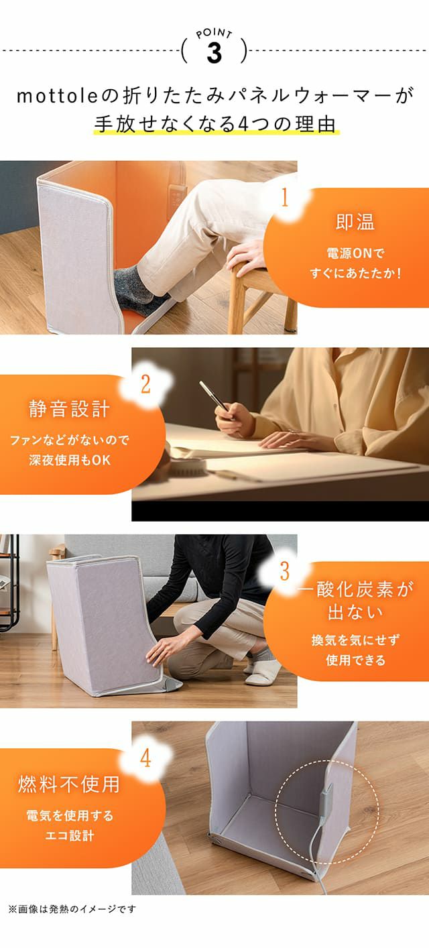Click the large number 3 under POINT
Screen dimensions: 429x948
click(x=214, y=54)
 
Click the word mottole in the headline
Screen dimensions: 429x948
click(x=58, y=97)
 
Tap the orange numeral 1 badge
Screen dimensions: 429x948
click(x=285, y=198)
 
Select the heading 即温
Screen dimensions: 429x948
click(x=355, y=222)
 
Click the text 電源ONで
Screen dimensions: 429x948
click(x=355, y=253)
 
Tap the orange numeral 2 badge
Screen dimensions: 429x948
click(x=145, y=384)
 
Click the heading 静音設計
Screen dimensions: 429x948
click(x=70, y=409)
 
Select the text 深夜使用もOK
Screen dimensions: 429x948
click(x=70, y=460)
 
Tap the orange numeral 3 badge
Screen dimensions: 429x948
click(x=285, y=571)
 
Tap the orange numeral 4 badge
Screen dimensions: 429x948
click(x=145, y=758)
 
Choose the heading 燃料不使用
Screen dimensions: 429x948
click(x=70, y=784)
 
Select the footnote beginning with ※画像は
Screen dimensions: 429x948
click(x=72, y=908)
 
